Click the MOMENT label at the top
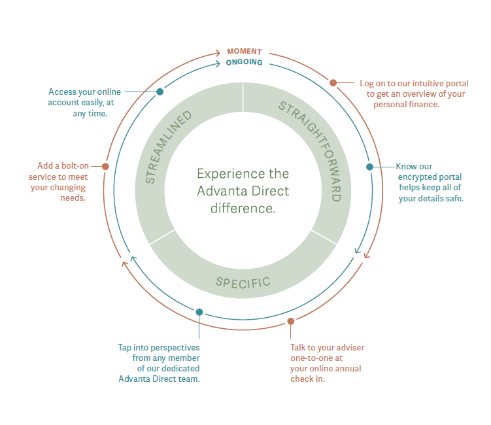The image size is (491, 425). (244, 52)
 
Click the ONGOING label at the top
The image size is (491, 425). (244, 63)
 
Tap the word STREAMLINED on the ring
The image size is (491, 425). (168, 147)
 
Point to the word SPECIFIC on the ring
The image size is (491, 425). (243, 282)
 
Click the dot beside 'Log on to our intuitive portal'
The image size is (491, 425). (333, 83)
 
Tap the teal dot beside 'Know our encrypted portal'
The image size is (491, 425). (369, 167)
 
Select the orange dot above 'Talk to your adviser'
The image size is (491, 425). (291, 321)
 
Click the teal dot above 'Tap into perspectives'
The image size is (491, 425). (199, 312)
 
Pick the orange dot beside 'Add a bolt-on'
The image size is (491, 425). (105, 167)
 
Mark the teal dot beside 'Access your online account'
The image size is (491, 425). (160, 92)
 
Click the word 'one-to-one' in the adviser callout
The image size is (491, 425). (312, 358)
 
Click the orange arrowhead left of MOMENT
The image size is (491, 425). (220, 52)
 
